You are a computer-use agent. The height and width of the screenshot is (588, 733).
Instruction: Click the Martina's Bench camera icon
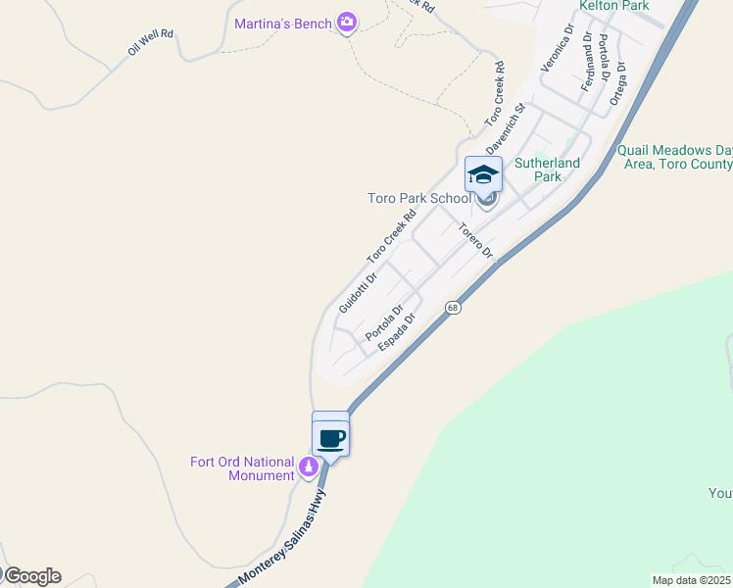[x=346, y=22]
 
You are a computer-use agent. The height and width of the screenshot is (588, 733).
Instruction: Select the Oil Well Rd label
[x=150, y=41]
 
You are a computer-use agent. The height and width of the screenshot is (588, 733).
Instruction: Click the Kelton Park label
[x=614, y=6]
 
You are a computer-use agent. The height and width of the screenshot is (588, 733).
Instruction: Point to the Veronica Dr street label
[x=556, y=51]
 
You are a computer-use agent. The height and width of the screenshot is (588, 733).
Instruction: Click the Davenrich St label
[x=506, y=127]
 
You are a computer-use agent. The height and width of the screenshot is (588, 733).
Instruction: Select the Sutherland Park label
[x=548, y=170]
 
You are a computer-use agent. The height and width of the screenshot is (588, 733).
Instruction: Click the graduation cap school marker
[x=483, y=174]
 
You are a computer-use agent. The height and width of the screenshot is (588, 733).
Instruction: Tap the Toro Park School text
[x=418, y=198]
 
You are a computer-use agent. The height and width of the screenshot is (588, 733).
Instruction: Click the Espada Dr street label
[x=397, y=333]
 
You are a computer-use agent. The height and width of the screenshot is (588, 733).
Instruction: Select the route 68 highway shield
[x=452, y=308]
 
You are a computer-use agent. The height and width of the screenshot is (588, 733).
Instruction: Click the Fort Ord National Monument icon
[x=309, y=466]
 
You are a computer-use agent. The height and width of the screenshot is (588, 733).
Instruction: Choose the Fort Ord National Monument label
[x=242, y=468]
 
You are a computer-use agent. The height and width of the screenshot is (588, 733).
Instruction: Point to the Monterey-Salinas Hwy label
[x=283, y=540]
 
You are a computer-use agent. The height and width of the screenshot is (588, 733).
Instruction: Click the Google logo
[x=32, y=576]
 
